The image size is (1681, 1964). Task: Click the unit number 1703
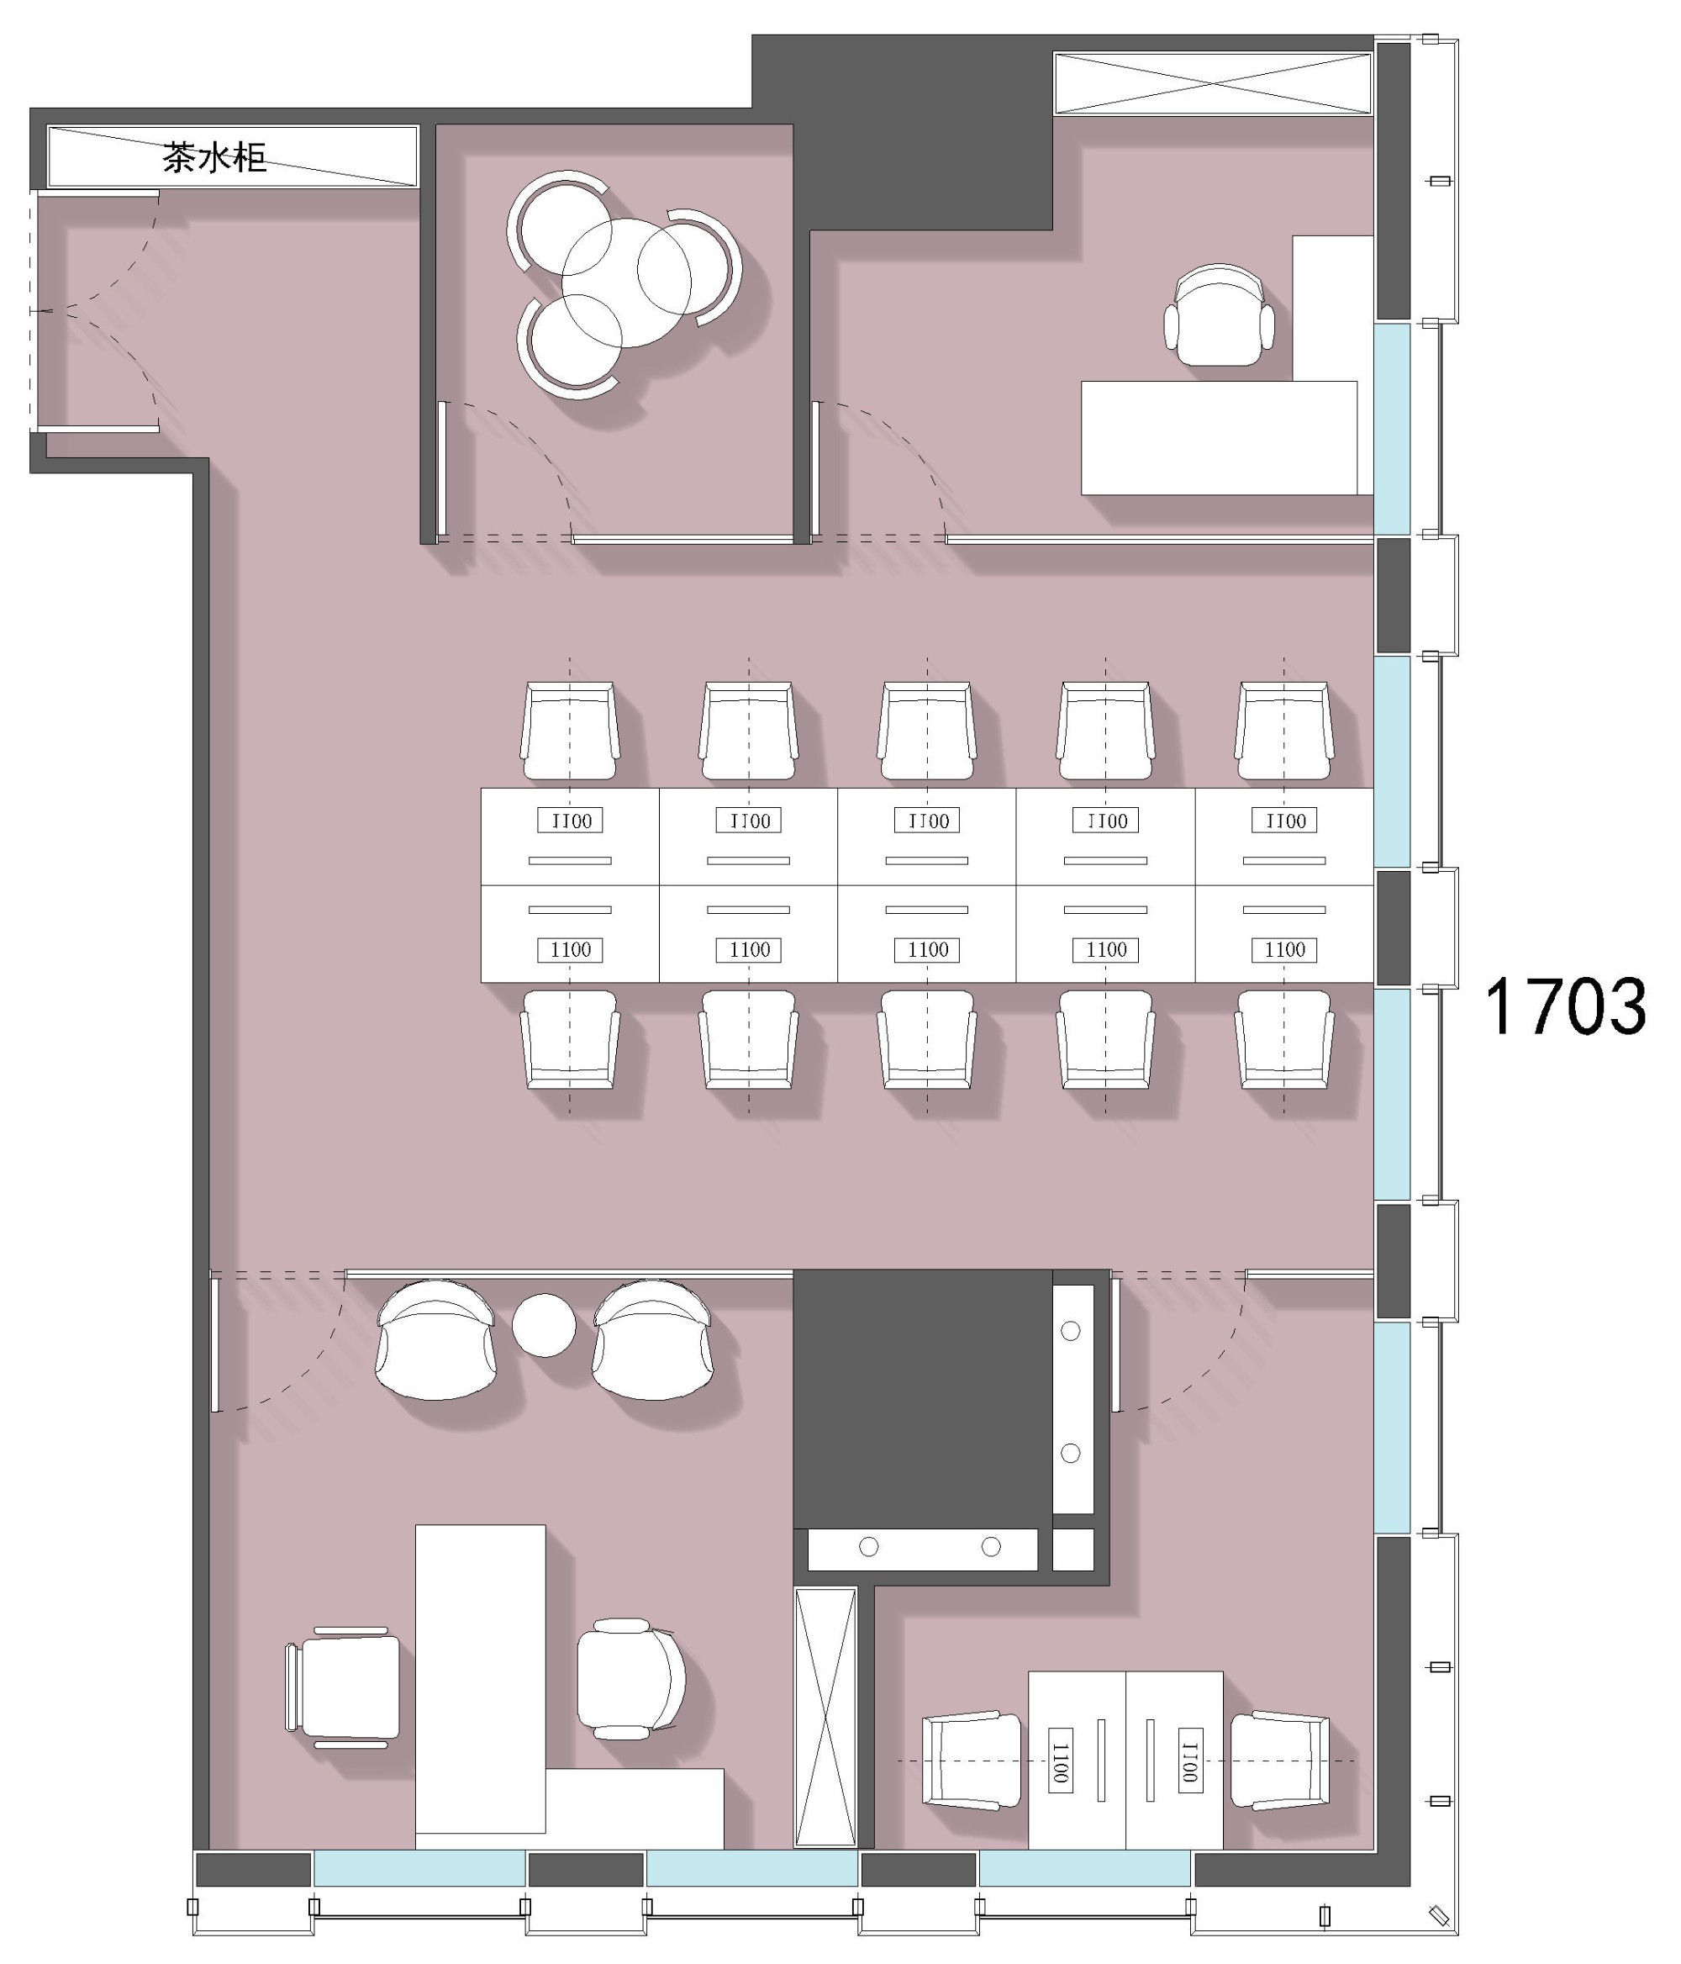point(1564,1006)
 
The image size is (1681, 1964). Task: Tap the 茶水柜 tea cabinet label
point(214,156)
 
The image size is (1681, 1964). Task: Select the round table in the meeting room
point(626,282)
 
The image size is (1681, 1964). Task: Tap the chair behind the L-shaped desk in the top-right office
point(1220,314)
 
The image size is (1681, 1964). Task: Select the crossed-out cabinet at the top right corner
point(1213,83)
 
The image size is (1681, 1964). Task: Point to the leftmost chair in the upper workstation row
point(570,731)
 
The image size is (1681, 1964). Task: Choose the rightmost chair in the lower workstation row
point(1284,1040)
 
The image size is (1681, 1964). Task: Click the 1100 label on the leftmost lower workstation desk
point(571,950)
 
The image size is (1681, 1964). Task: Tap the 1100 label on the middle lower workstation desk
point(928,950)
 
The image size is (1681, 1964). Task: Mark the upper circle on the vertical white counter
point(1071,1331)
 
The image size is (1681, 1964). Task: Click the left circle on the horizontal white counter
point(868,1547)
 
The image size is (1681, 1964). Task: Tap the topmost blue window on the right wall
point(1392,430)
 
